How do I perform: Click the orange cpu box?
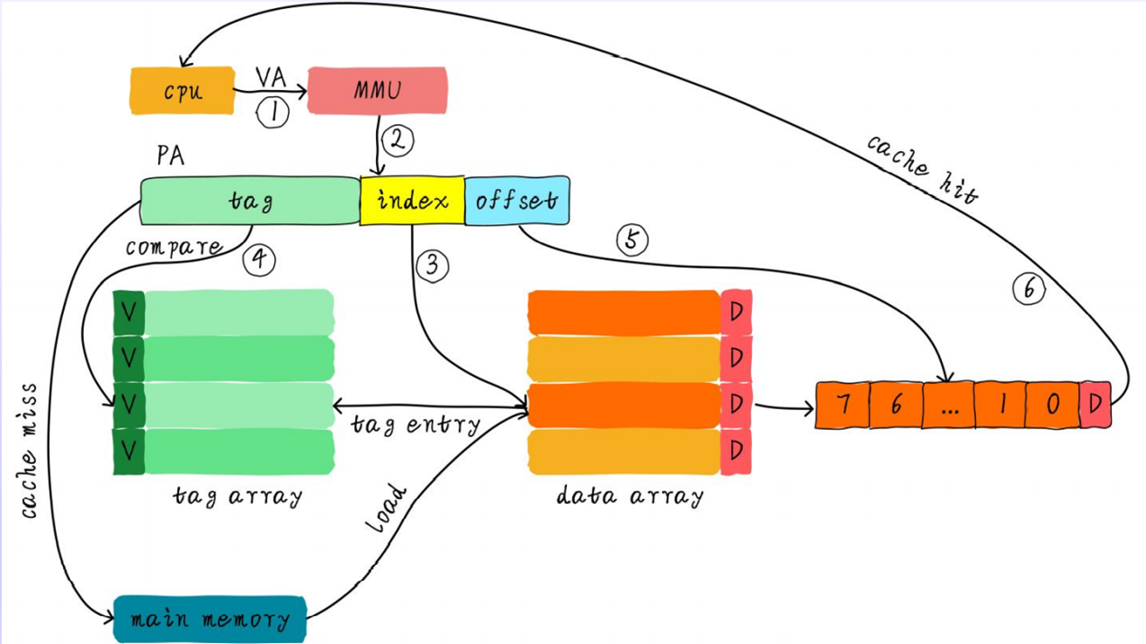(182, 91)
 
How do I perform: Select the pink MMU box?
(377, 90)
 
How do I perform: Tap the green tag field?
(249, 201)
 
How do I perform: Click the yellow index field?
(412, 200)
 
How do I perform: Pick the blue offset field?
(516, 200)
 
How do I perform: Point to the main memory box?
(210, 619)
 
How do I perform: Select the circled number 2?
(397, 139)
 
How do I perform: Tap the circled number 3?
(434, 264)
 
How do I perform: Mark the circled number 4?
(259, 259)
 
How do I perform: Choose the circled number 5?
(631, 240)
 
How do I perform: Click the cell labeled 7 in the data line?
(843, 405)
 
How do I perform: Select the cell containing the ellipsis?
(948, 406)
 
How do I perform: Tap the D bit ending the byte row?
(1095, 405)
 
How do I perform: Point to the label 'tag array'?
(237, 496)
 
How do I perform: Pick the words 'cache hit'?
(922, 168)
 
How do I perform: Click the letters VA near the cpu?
(271, 77)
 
